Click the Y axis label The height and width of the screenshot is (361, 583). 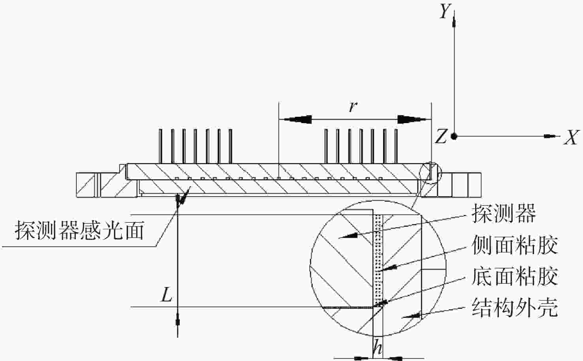pyautogui.click(x=445, y=11)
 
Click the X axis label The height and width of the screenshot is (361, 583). pyautogui.click(x=571, y=137)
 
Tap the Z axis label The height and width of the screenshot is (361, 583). pyautogui.click(x=441, y=137)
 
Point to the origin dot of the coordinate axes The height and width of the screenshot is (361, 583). pyautogui.click(x=454, y=137)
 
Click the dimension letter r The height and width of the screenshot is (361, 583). pyautogui.click(x=353, y=107)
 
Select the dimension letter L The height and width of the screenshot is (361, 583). pyautogui.click(x=167, y=295)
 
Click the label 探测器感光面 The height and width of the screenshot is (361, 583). pyautogui.click(x=80, y=230)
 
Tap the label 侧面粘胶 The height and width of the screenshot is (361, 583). pyautogui.click(x=515, y=245)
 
